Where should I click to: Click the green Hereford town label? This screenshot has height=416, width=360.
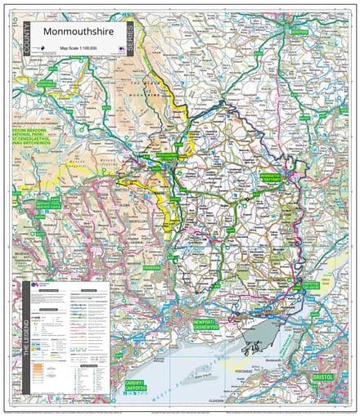299,32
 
